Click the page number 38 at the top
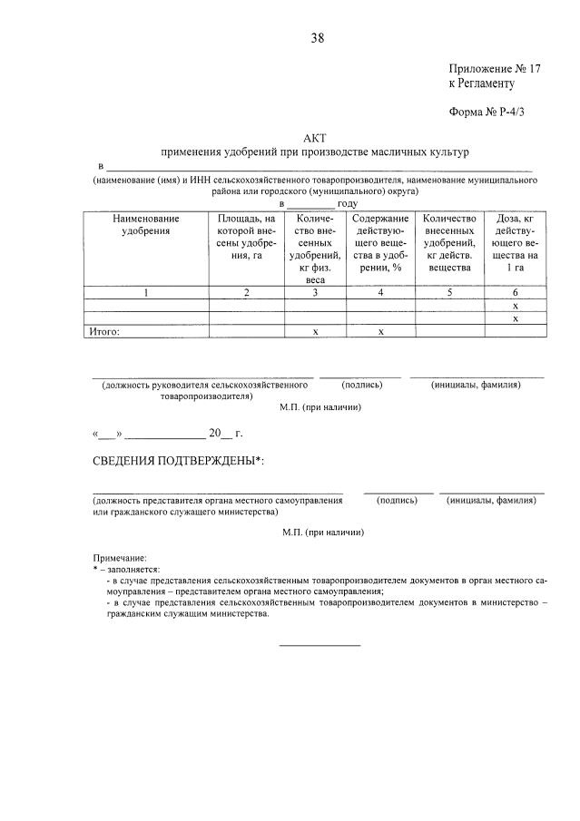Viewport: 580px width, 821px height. pyautogui.click(x=318, y=37)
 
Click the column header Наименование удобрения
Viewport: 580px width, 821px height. pyautogui.click(x=146, y=225)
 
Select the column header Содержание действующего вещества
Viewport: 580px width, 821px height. pyautogui.click(x=380, y=243)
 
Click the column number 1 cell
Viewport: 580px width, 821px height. pyautogui.click(x=146, y=292)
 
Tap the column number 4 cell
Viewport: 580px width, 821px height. pyautogui.click(x=380, y=292)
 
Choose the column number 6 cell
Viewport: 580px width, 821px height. pyautogui.click(x=515, y=292)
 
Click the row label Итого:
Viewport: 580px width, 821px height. pyautogui.click(x=104, y=331)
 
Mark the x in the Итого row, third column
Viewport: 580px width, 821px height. pyautogui.click(x=315, y=331)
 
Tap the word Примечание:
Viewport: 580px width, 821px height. pyautogui.click(x=119, y=557)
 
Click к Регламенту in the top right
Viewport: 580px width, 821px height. pyautogui.click(x=481, y=83)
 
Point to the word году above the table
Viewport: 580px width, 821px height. pyautogui.click(x=347, y=204)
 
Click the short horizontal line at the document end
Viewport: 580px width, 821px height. pyautogui.click(x=319, y=645)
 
